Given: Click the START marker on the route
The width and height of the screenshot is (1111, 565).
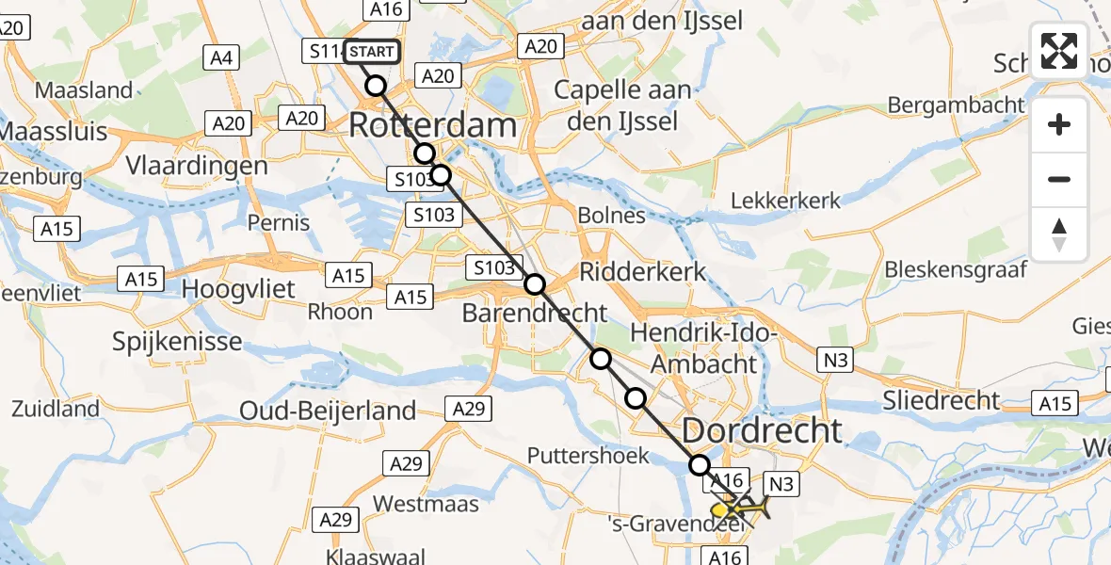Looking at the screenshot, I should tap(372, 52).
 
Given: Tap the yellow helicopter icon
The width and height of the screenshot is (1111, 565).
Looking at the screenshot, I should tap(739, 508).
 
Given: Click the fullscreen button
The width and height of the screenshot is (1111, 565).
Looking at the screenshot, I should tap(1059, 51).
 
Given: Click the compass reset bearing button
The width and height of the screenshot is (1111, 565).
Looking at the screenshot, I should tap(1059, 234).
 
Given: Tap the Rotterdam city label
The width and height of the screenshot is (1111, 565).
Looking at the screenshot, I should tap(433, 125).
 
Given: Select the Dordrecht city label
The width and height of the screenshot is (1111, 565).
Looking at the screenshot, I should tap(762, 430).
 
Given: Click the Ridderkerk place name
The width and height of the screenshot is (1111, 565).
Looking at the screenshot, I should tap(642, 272).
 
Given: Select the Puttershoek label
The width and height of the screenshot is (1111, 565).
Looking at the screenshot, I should tap(588, 456).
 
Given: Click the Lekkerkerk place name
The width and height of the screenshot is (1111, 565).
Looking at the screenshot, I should tap(786, 200).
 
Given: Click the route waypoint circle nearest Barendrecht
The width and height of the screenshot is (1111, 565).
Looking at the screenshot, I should tap(535, 283).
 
